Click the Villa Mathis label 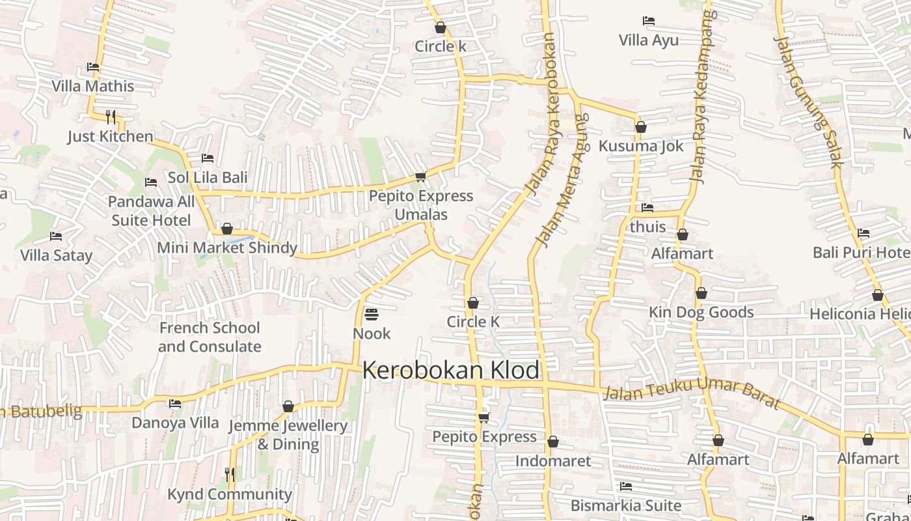click(x=92, y=86)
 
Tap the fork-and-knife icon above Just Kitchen click(x=111, y=117)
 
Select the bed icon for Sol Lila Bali click(x=208, y=158)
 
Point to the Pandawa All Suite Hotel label click(x=151, y=211)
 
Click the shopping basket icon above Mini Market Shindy click(x=227, y=229)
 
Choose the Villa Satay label click(x=56, y=255)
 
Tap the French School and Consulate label click(x=209, y=337)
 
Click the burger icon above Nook click(x=372, y=315)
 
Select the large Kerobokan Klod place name click(x=450, y=371)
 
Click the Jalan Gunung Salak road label click(x=808, y=101)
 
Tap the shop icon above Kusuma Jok click(x=641, y=127)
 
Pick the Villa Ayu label click(x=648, y=40)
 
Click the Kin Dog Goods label click(x=701, y=313)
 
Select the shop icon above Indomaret click(x=553, y=442)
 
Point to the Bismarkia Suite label click(x=625, y=505)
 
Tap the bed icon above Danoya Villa click(x=175, y=404)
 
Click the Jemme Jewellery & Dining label click(x=288, y=434)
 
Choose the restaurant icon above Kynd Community click(x=230, y=474)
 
